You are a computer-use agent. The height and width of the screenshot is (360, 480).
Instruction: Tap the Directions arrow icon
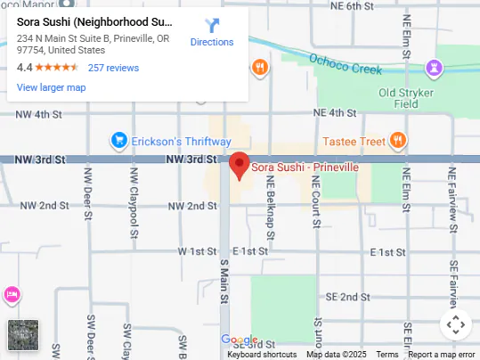tap(212, 26)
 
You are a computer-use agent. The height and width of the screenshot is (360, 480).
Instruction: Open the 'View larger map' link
tap(51, 87)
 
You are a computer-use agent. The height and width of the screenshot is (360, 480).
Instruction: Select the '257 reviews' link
tap(113, 68)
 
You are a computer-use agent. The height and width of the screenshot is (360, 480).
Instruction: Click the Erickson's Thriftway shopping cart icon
tap(118, 141)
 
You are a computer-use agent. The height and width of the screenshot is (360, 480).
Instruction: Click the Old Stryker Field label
tap(411, 97)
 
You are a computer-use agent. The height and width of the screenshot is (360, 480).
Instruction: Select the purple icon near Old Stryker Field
tap(434, 67)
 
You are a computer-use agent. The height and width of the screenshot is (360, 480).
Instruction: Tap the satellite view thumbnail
tap(23, 335)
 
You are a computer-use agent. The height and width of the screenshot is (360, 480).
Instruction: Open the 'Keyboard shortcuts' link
tap(262, 355)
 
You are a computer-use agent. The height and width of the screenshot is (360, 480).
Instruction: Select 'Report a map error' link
tap(442, 355)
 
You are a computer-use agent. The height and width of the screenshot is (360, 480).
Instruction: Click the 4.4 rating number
tap(24, 68)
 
